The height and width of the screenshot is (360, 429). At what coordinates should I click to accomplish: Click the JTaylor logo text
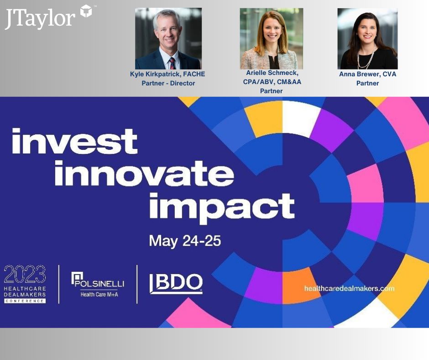tap(40, 19)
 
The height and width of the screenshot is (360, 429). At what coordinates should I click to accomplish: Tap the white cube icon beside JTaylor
tap(86, 11)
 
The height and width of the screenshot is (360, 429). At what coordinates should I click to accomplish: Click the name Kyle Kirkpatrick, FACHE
tap(167, 74)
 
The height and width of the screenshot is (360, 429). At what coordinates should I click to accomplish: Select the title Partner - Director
tap(168, 83)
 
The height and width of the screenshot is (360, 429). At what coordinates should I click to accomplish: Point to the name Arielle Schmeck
tap(272, 73)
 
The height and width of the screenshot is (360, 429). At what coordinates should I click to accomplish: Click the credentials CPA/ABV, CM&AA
tap(272, 82)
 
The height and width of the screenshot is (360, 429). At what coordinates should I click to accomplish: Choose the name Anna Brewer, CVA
tap(367, 74)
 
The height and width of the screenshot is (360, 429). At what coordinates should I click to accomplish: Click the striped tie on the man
tap(172, 64)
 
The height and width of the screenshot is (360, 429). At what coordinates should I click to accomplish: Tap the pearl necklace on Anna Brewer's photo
tap(366, 58)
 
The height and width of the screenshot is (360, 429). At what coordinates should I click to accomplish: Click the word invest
tap(75, 141)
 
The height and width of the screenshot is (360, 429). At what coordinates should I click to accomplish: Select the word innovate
tap(144, 173)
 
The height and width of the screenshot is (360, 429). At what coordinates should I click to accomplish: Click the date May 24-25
tap(185, 241)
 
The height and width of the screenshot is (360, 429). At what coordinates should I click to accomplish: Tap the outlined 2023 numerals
tap(25, 274)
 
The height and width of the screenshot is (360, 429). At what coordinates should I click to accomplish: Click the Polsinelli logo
tap(98, 280)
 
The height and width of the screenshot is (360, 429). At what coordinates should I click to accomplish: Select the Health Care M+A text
tap(99, 295)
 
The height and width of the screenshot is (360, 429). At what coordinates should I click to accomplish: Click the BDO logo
tap(176, 284)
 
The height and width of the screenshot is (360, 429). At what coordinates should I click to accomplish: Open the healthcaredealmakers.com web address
tap(349, 288)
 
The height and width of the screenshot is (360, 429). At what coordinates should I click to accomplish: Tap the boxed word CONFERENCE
tap(25, 301)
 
